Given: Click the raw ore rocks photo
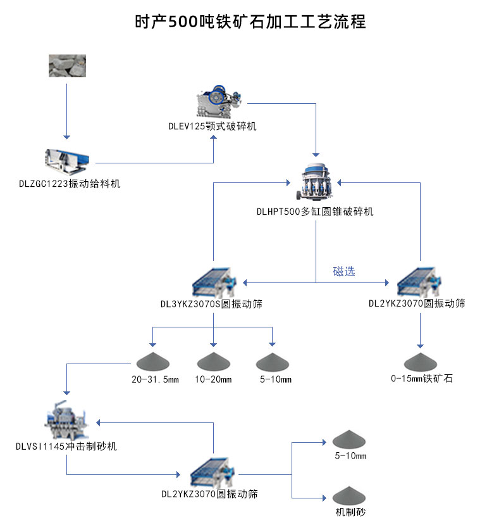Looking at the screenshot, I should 67,66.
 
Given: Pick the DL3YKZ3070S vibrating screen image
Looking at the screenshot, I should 213,281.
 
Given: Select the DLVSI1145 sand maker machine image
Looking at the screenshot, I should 66,421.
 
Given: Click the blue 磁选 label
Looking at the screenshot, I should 344,272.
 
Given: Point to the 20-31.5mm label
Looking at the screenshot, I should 156,380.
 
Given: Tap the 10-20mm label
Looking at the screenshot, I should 213,380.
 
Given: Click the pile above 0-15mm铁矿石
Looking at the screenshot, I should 421,362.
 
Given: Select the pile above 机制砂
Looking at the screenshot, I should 350,495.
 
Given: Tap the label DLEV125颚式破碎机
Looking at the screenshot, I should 213,127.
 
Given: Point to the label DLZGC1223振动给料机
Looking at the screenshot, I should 69,184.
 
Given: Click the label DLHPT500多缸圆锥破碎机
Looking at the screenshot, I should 314,212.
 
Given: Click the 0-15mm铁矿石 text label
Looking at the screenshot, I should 421,379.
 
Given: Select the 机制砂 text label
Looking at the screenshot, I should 350,512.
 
